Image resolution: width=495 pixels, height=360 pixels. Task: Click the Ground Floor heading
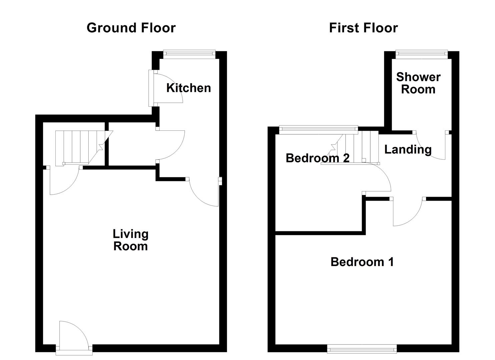click(x=131, y=28)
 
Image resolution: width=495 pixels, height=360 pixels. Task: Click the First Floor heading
click(x=364, y=28)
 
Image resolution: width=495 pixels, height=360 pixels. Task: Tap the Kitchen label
click(x=188, y=88)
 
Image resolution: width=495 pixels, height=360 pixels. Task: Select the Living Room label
click(x=130, y=240)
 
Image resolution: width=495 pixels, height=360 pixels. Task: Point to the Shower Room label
click(x=418, y=83)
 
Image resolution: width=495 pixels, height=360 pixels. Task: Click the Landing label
click(x=408, y=150)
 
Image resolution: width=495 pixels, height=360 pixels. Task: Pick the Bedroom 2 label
click(x=318, y=158)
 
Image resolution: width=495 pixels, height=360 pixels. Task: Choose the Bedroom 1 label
click(x=362, y=262)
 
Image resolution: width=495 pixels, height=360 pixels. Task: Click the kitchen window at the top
click(x=189, y=54)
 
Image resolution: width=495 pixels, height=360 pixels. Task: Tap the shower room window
click(x=422, y=54)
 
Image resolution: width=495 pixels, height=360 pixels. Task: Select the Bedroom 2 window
click(x=318, y=130)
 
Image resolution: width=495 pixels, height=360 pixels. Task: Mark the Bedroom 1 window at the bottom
click(x=362, y=349)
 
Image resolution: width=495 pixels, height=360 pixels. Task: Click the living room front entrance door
click(x=74, y=338)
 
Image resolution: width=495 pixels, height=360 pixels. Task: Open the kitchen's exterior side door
click(x=166, y=88)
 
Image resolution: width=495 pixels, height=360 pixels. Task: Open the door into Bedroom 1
click(x=407, y=211)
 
